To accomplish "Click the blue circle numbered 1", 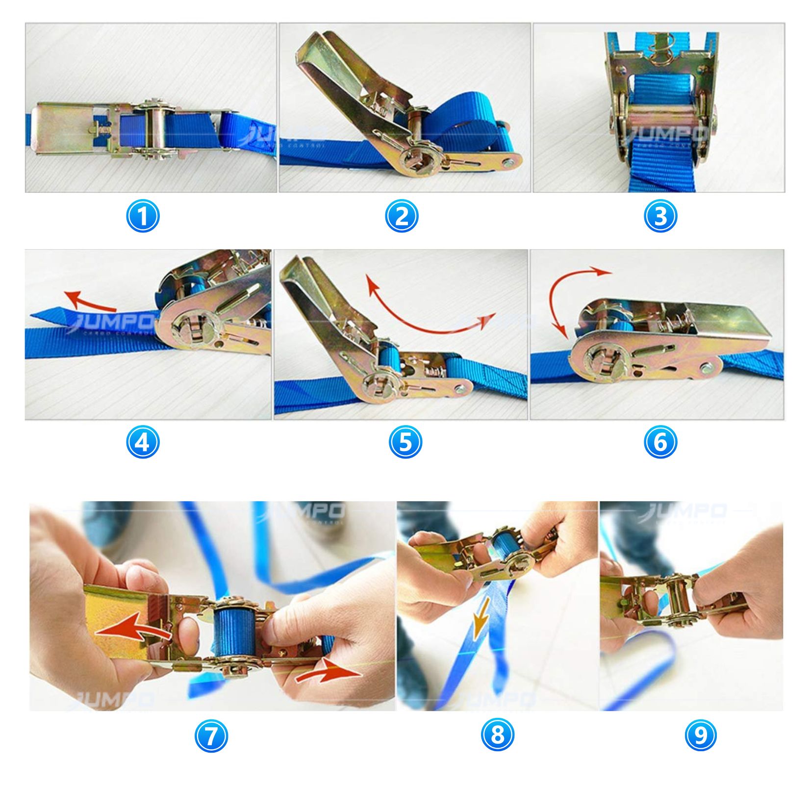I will point(143,216).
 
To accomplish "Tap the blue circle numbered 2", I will point(402,216).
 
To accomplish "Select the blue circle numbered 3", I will point(660,216).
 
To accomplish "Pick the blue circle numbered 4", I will point(143,442).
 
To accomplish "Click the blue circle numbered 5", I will point(405,442).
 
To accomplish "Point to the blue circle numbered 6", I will point(660,442).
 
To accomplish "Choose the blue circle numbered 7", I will point(211,736).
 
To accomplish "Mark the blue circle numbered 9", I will point(701,735).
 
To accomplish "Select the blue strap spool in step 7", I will point(234,631).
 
